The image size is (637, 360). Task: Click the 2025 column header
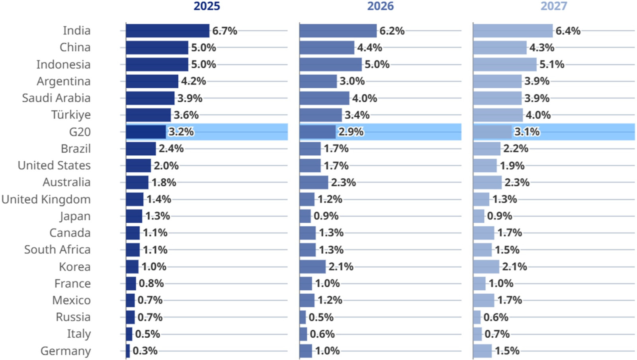click(x=207, y=6)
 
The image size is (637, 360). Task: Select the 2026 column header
click(x=380, y=6)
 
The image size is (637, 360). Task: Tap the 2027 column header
click(x=553, y=6)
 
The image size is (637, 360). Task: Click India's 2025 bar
click(x=167, y=31)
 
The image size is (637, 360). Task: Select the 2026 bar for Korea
click(x=313, y=266)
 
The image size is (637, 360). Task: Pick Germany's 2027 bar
click(x=483, y=351)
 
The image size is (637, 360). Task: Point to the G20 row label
click(x=80, y=132)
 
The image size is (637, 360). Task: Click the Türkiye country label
click(x=71, y=115)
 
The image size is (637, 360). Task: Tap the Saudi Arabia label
click(x=56, y=98)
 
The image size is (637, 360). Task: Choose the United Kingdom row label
click(x=46, y=199)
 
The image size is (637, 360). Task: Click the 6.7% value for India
click(x=225, y=31)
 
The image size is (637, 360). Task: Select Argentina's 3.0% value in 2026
click(x=352, y=81)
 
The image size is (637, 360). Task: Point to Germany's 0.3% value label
click(x=145, y=351)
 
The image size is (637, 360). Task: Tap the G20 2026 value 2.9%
click(x=351, y=132)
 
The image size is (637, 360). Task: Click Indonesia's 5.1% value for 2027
click(x=552, y=65)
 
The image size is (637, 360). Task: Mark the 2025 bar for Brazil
click(x=141, y=149)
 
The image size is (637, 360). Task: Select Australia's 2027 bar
click(x=487, y=182)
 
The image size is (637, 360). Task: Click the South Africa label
click(x=57, y=250)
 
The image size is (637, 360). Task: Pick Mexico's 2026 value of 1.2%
click(x=330, y=300)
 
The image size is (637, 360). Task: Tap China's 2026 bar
click(x=327, y=48)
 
